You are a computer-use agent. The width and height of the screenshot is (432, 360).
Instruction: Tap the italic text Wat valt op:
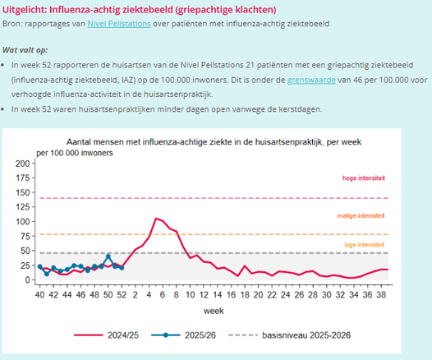click(25, 49)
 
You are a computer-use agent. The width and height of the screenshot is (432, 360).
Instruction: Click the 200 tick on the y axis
click(21, 164)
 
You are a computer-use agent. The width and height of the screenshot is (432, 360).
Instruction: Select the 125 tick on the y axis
click(21, 207)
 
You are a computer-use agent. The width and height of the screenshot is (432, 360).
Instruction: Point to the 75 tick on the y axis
click(24, 237)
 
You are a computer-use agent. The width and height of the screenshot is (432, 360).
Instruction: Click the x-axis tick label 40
click(39, 293)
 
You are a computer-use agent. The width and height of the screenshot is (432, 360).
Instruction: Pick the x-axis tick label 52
click(121, 293)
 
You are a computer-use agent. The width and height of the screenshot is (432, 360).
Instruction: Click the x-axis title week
click(214, 311)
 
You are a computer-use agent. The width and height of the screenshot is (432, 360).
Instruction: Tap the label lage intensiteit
click(363, 246)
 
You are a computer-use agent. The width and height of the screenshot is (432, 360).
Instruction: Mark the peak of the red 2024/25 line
click(155, 218)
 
